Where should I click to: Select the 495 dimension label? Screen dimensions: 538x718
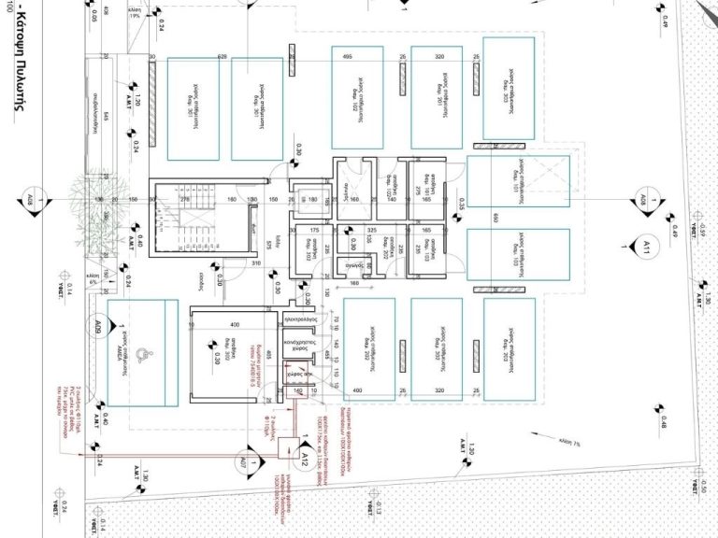tap(347, 57)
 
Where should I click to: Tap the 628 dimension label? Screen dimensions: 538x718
tap(223, 57)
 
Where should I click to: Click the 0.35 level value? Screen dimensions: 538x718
tap(461, 201)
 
